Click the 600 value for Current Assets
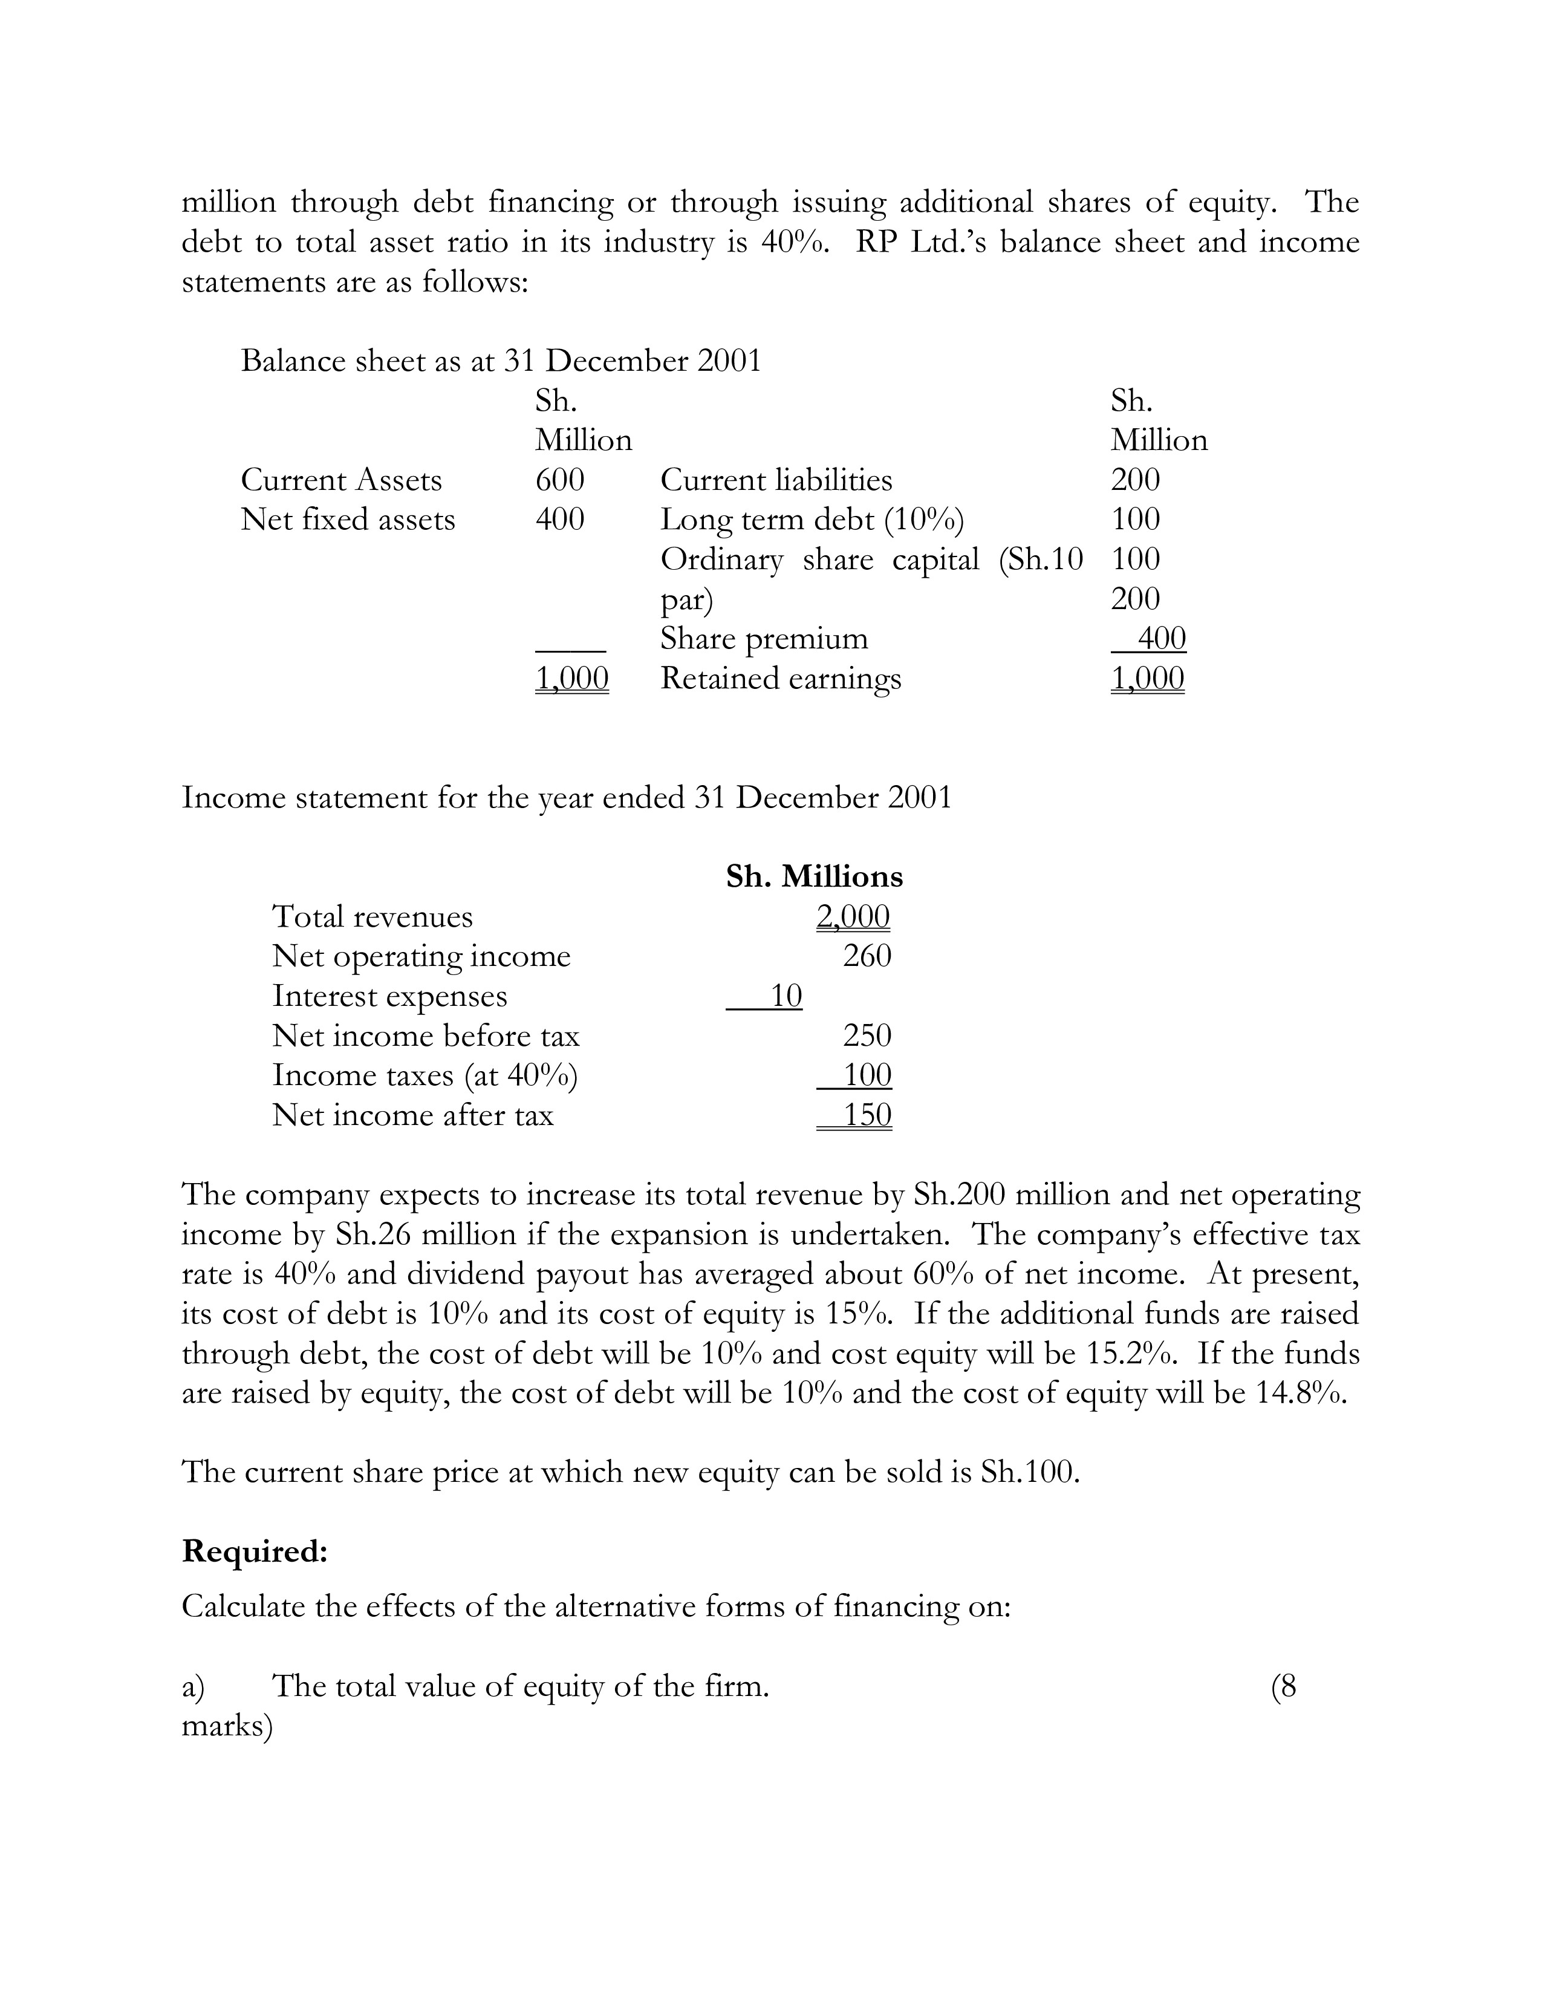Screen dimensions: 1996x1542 point(559,480)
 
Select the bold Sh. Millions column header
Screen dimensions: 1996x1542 point(814,876)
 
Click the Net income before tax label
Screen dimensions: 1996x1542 point(426,1036)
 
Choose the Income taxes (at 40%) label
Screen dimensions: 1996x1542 point(425,1075)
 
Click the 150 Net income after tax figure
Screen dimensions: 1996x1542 point(866,1115)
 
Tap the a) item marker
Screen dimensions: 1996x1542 point(194,1686)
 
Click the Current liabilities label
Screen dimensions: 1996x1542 point(776,480)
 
